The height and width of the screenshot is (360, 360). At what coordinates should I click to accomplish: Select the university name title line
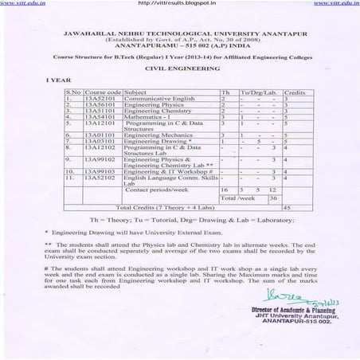click(181, 36)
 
